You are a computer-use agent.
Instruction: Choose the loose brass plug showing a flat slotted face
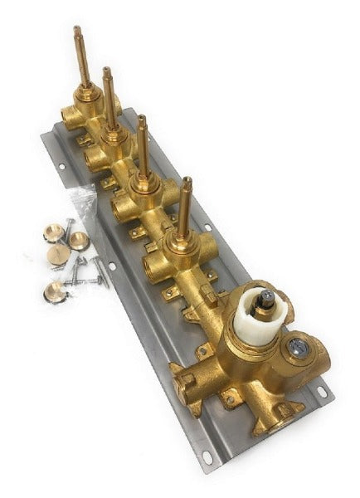pyautogui.click(x=57, y=254)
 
